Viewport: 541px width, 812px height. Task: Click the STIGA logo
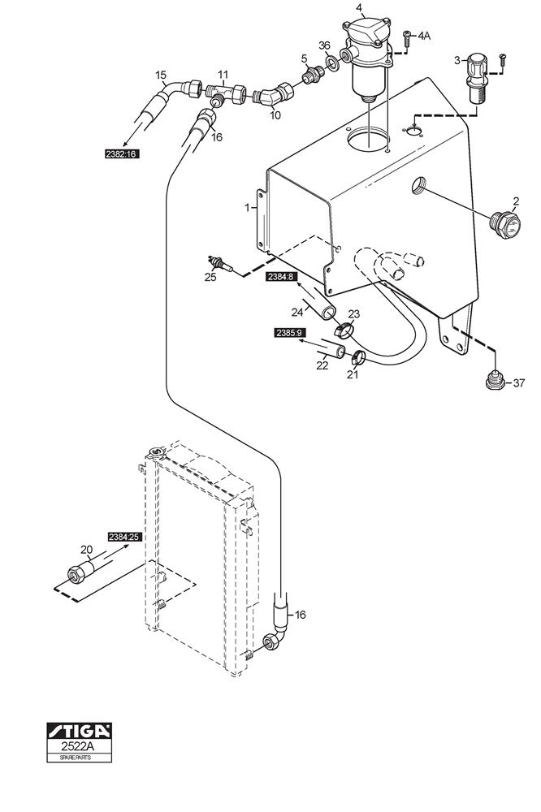pos(79,731)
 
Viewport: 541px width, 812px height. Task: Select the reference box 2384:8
pos(280,277)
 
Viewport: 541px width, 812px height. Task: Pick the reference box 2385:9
pos(289,333)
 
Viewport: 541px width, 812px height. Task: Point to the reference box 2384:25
pos(125,537)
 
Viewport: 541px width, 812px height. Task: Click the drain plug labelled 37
pos(496,381)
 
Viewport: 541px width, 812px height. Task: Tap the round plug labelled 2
pos(505,224)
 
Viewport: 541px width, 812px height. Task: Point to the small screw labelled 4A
pos(407,35)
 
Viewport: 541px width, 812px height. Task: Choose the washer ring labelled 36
pos(333,63)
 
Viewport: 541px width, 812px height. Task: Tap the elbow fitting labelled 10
pos(274,95)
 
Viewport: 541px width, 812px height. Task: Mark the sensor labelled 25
pos(220,262)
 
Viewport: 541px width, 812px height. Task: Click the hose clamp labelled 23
pos(343,329)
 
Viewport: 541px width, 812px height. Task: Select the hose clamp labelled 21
pos(358,356)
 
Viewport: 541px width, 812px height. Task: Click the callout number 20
pos(86,550)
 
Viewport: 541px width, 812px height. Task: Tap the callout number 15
pos(161,76)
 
